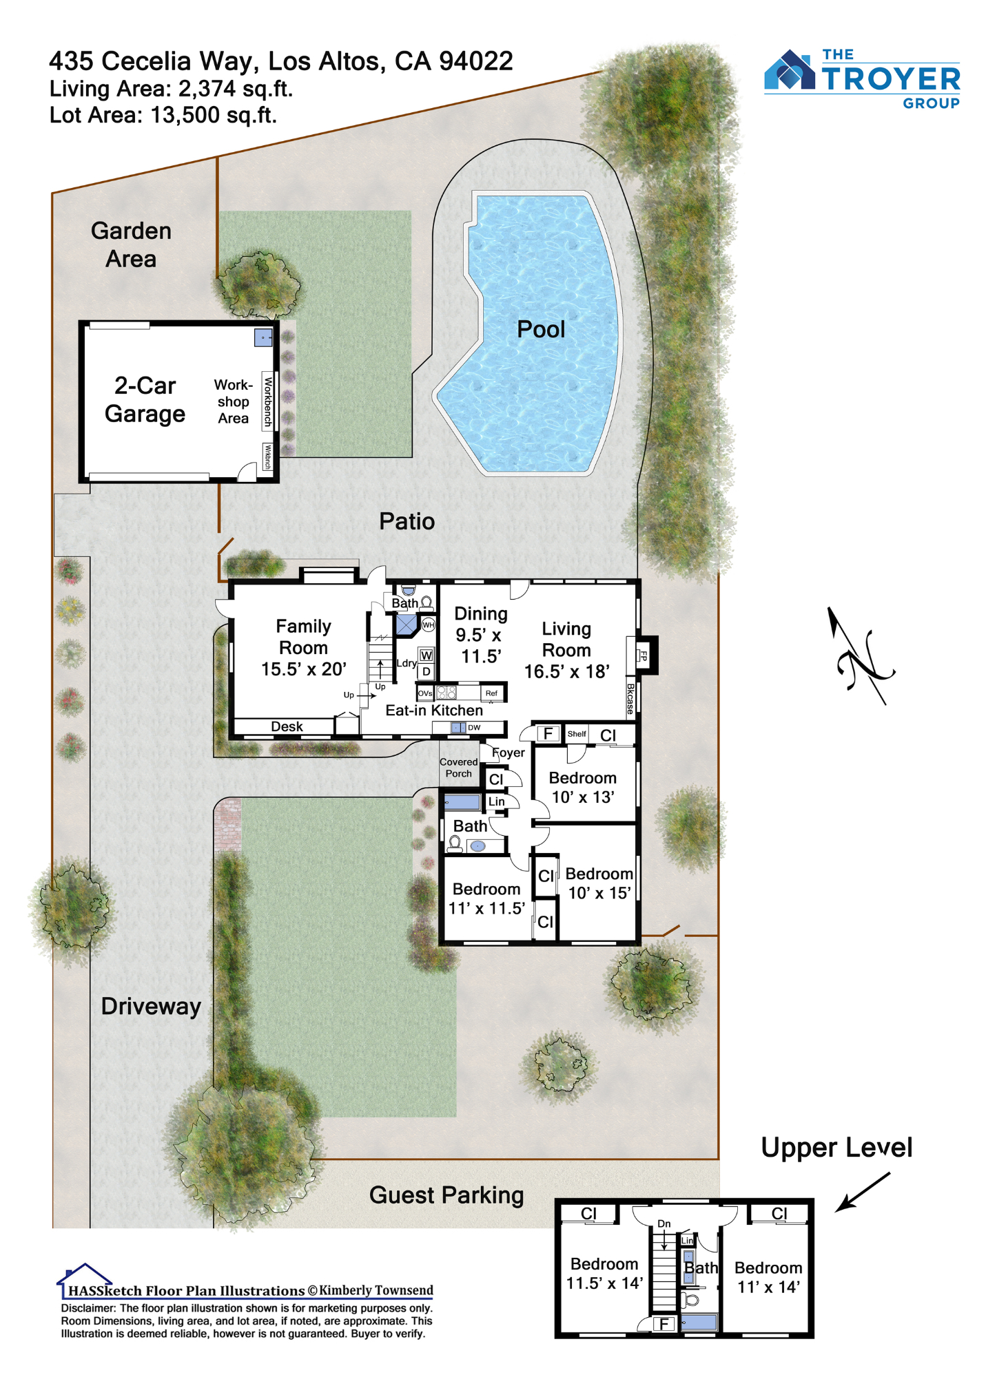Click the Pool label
pyautogui.click(x=541, y=329)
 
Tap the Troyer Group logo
pyautogui.click(x=862, y=78)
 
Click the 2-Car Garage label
pyautogui.click(x=145, y=399)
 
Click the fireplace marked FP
pyautogui.click(x=643, y=655)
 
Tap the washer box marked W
pyautogui.click(x=426, y=655)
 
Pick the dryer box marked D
pyautogui.click(x=426, y=671)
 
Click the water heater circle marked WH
pyautogui.click(x=429, y=625)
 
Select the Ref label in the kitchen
pyautogui.click(x=491, y=693)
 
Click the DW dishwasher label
pyautogui.click(x=474, y=728)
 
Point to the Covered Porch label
pyautogui.click(x=458, y=768)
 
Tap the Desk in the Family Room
pyautogui.click(x=287, y=726)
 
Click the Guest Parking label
pyautogui.click(x=446, y=1195)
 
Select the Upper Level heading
pyautogui.click(x=836, y=1148)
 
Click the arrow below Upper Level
pyautogui.click(x=863, y=1192)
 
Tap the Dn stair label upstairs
pyautogui.click(x=664, y=1223)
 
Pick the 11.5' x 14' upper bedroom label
pyautogui.click(x=604, y=1283)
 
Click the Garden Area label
pyautogui.click(x=131, y=245)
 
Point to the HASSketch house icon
pyautogui.click(x=83, y=1272)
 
